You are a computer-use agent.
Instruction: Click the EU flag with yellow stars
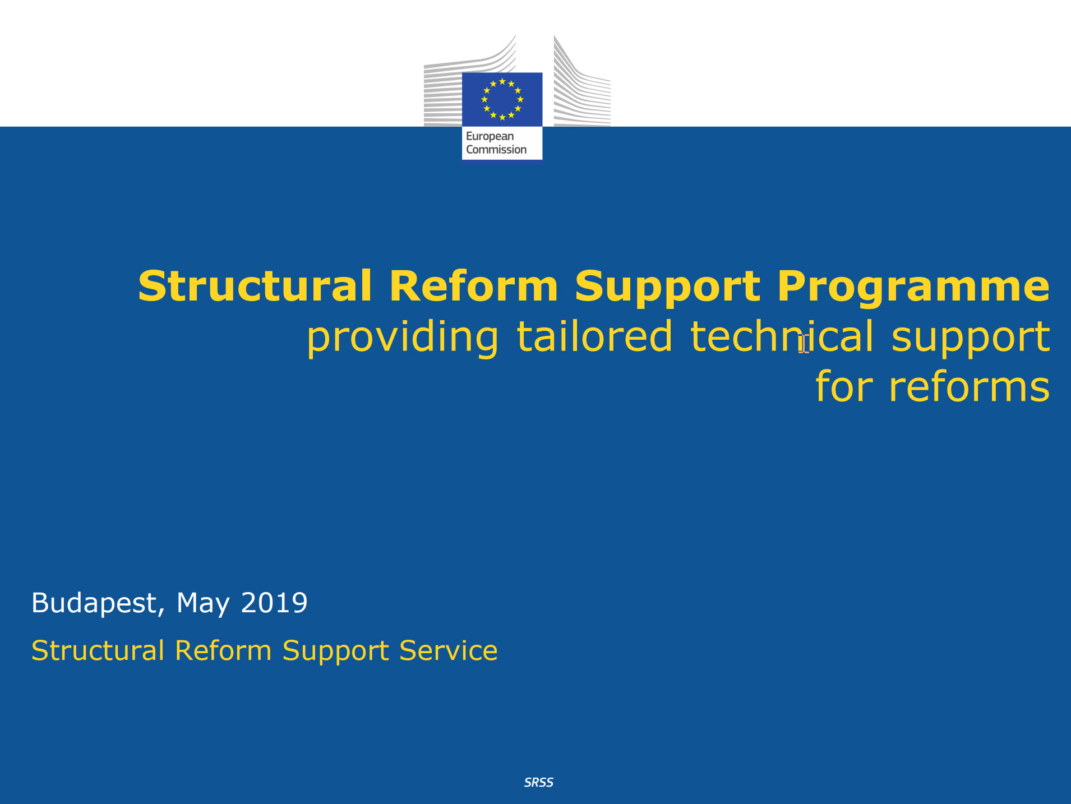coord(502,99)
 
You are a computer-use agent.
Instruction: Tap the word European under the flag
coord(490,136)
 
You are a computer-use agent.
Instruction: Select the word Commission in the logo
coord(496,150)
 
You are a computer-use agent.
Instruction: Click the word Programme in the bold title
coord(913,287)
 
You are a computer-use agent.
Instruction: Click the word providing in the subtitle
coord(402,338)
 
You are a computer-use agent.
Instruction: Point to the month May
coord(203,604)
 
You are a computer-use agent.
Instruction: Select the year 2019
coord(274,603)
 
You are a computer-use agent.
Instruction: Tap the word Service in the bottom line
coord(448,651)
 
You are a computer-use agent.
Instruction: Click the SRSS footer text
coord(538,783)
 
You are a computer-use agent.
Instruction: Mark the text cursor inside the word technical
coord(804,343)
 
